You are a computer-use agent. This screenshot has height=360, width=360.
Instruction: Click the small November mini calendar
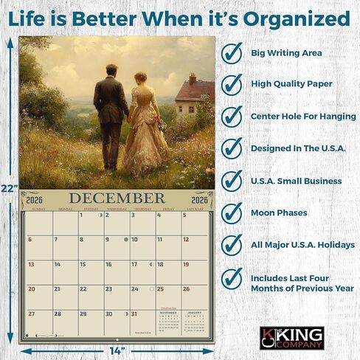[x=170, y=322]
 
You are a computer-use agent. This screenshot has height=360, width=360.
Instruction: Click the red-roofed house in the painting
[x=194, y=94]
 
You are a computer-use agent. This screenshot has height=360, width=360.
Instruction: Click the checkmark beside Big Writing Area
[x=233, y=53]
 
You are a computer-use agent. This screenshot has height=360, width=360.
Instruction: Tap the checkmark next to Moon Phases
[x=233, y=212]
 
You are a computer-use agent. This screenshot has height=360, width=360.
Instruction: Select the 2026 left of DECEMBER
[x=35, y=199]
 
